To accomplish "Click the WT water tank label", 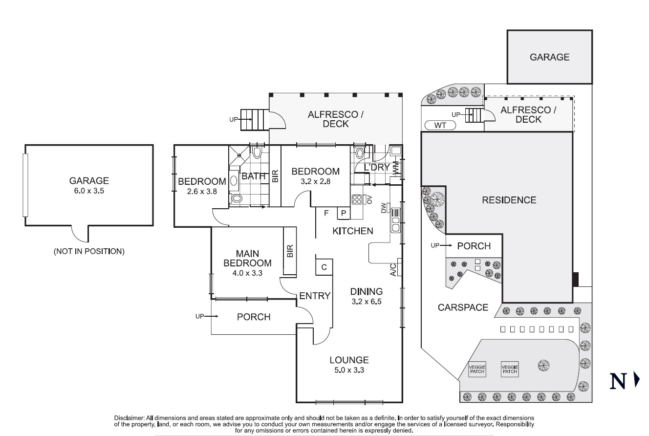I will click(x=440, y=126).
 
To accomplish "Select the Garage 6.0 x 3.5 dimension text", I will click(x=88, y=191).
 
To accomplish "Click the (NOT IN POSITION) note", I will click(x=89, y=252).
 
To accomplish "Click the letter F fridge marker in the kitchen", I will click(x=326, y=213).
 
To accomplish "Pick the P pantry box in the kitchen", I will click(x=344, y=213).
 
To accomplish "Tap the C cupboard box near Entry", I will click(x=324, y=267).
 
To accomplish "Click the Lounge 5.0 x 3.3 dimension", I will click(x=349, y=370).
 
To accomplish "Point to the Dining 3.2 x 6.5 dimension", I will click(x=366, y=302).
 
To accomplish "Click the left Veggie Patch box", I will click(x=477, y=369).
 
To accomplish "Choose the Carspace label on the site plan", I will click(x=463, y=307).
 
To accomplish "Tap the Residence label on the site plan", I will click(x=509, y=200).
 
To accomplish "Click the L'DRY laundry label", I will click(x=376, y=167).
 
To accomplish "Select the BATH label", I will click(x=254, y=176).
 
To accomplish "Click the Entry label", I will click(x=315, y=296).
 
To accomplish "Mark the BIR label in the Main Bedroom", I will click(x=290, y=252).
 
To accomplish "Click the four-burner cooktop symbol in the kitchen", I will click(x=357, y=199).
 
